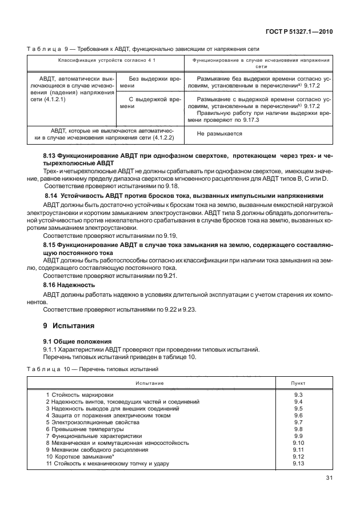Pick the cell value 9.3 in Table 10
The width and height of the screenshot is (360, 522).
click(297, 395)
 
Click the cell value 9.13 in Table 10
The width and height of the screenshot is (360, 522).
click(297, 463)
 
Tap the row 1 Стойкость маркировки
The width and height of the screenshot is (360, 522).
click(79, 395)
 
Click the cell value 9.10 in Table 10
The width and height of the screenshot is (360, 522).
click(297, 443)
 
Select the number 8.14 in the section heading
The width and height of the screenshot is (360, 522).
click(53, 194)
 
